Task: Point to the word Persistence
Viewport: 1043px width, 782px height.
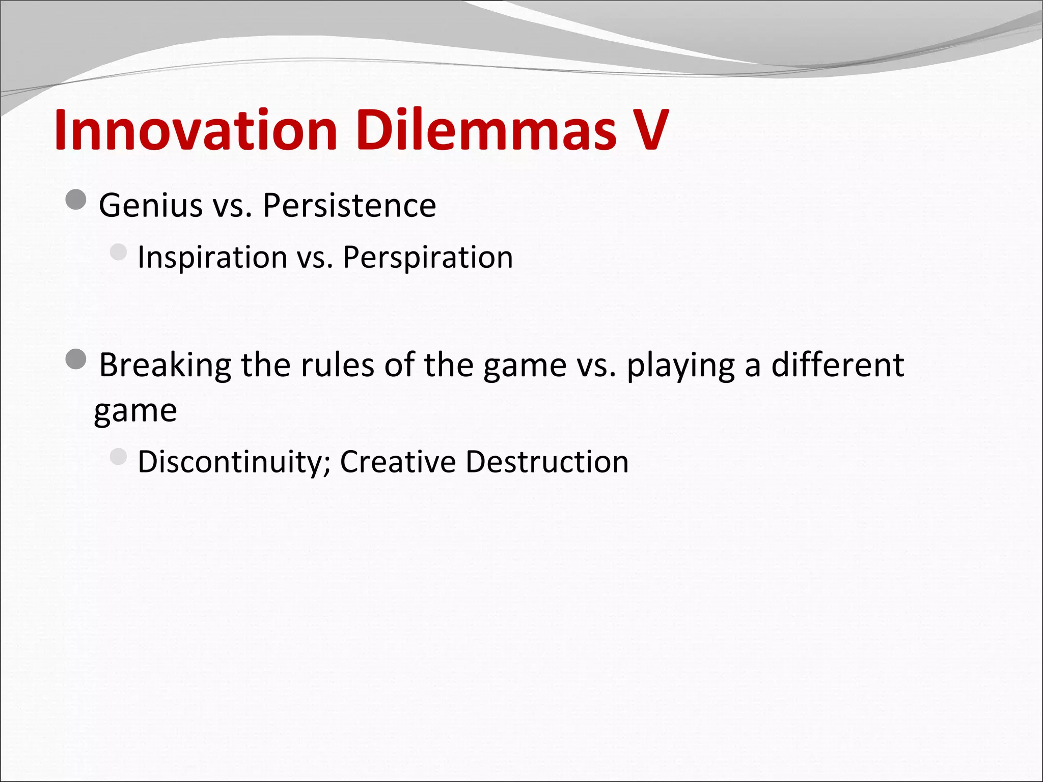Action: point(349,206)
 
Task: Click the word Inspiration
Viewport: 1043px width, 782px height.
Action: point(212,258)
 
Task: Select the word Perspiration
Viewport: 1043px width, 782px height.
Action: point(427,258)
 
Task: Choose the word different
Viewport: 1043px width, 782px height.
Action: point(837,366)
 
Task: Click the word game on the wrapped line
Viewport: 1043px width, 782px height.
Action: point(135,411)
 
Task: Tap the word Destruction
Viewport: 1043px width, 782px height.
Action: point(547,462)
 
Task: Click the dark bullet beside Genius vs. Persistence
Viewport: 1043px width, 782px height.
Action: point(76,200)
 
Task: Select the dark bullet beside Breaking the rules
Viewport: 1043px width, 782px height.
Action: point(76,359)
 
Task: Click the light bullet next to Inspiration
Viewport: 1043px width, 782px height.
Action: point(118,252)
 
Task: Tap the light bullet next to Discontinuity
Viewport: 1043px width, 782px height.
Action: point(118,457)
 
